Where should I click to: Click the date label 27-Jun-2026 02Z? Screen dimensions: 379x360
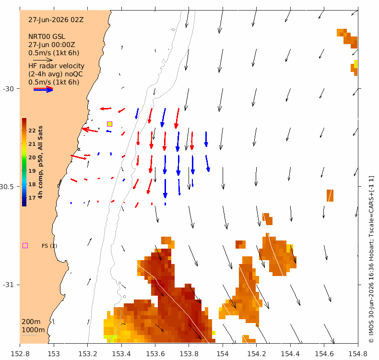[x=56, y=20]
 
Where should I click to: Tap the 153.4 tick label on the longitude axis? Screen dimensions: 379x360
[x=121, y=354]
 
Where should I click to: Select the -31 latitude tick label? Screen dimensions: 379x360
[x=8, y=285]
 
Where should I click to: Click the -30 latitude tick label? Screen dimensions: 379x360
[x=8, y=89]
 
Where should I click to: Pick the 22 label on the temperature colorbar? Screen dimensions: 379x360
[x=32, y=131]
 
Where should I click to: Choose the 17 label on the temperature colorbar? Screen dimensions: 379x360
[x=32, y=198]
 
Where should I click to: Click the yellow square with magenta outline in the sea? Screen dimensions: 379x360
[x=109, y=124]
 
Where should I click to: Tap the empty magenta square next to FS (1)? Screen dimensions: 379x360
[x=25, y=246]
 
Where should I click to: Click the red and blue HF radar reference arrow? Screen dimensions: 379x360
[x=43, y=89]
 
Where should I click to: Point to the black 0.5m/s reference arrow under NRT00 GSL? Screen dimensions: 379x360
[x=43, y=60]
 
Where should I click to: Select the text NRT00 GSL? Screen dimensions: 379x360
[x=47, y=36]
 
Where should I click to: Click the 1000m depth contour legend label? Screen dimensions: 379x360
[x=33, y=330]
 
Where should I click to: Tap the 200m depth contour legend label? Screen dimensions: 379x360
[x=31, y=322]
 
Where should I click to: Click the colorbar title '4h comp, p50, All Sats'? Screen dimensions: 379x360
[x=40, y=162]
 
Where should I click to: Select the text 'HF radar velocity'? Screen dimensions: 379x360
[x=56, y=66]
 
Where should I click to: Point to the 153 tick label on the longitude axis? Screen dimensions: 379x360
[x=54, y=354]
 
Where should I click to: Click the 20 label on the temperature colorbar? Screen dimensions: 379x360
[x=32, y=157]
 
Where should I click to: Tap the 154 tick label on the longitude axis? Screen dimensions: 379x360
[x=223, y=354]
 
